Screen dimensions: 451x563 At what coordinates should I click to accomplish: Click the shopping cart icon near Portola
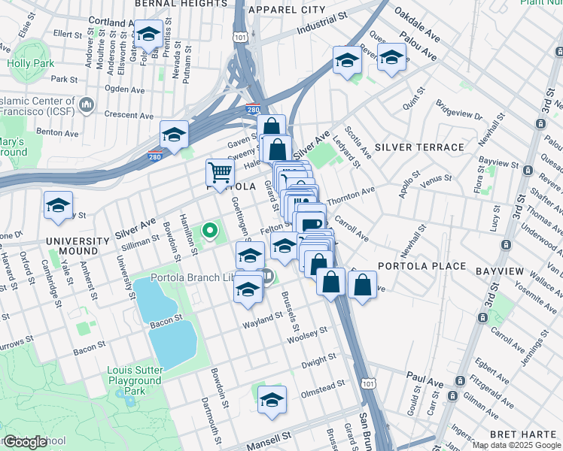[x=220, y=173]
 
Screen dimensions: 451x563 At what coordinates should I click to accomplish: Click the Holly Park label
[x=31, y=64]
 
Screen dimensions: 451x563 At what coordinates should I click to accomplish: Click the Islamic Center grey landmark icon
[x=87, y=103]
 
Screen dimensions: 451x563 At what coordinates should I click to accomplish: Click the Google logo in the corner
[x=25, y=442]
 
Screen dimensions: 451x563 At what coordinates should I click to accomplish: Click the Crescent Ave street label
[x=129, y=116]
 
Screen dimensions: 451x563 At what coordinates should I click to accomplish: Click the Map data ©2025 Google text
[x=517, y=445]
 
